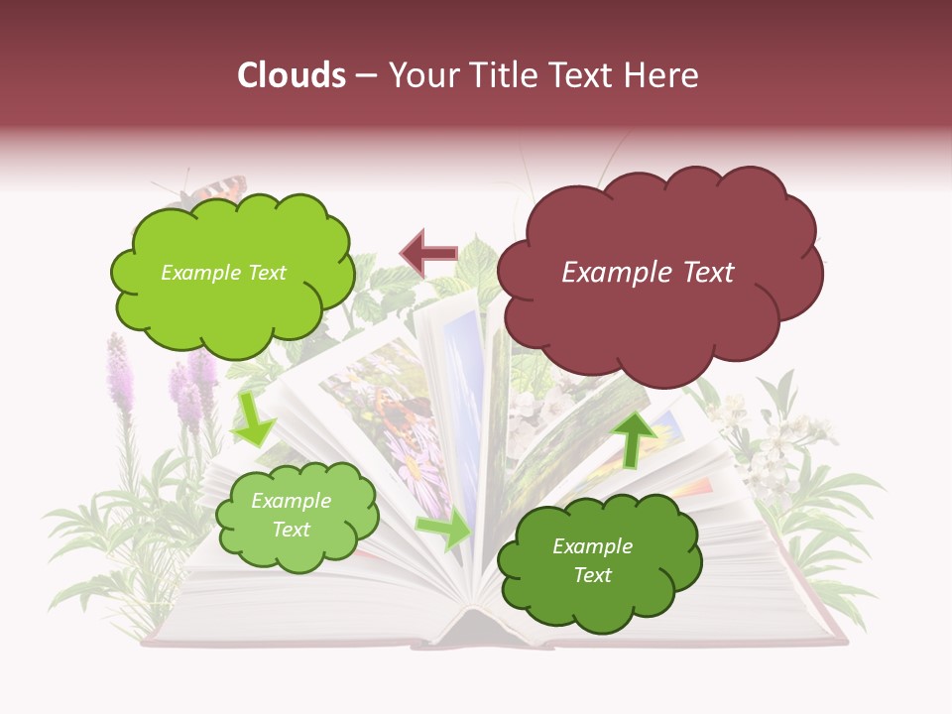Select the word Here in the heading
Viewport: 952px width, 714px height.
click(x=661, y=75)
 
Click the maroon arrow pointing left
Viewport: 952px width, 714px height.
click(x=427, y=253)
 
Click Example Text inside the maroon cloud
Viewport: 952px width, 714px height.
click(x=648, y=273)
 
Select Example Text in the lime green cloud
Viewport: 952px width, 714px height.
click(x=223, y=273)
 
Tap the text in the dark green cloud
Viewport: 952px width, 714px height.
click(x=592, y=560)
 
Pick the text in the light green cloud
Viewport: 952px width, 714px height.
click(x=291, y=516)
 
